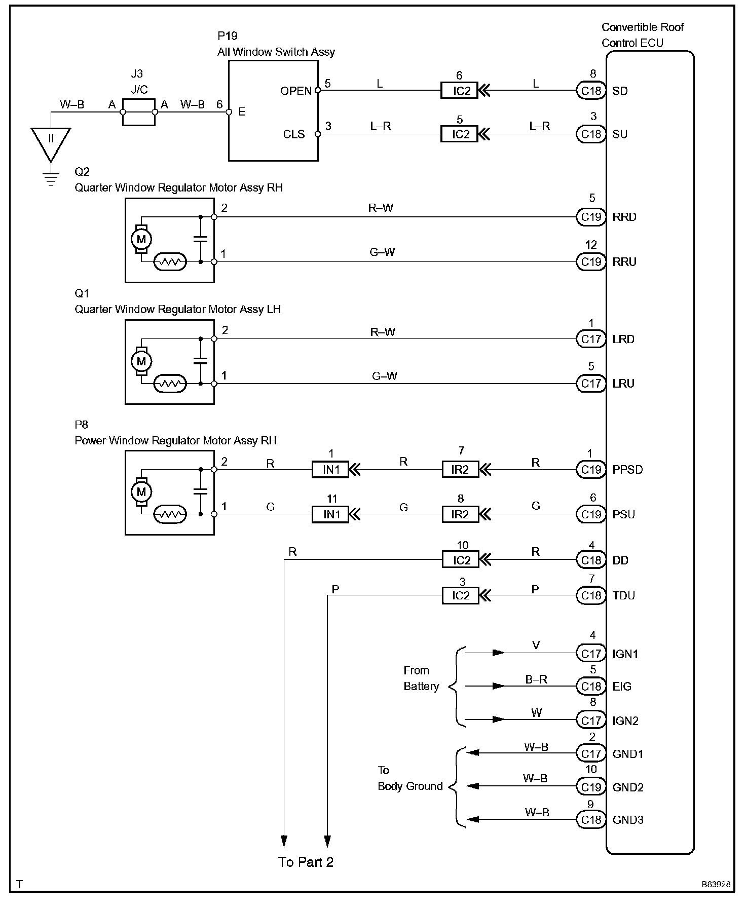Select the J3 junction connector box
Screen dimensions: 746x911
tap(139, 112)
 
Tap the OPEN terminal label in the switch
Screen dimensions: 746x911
tap(296, 91)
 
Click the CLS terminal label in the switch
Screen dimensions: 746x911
tap(294, 134)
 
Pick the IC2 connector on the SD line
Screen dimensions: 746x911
tap(459, 91)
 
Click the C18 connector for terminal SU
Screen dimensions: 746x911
tap(591, 134)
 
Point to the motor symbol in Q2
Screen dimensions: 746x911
tap(141, 239)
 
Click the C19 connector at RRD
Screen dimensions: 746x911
tap(591, 217)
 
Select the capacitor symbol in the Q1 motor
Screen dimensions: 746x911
tap(201, 361)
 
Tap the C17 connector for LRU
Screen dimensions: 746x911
tap(591, 384)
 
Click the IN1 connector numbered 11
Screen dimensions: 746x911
tap(330, 515)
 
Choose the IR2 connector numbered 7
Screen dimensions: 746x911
tap(460, 470)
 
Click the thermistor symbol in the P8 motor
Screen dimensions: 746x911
tap(170, 515)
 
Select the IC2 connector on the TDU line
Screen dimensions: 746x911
tap(460, 595)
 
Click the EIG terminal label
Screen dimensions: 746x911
tap(622, 687)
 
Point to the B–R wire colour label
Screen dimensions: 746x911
tap(536, 679)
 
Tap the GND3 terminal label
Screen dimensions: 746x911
tap(628, 820)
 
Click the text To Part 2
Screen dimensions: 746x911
tap(306, 862)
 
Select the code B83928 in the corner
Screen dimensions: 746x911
tap(716, 884)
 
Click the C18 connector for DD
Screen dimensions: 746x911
tap(591, 560)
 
